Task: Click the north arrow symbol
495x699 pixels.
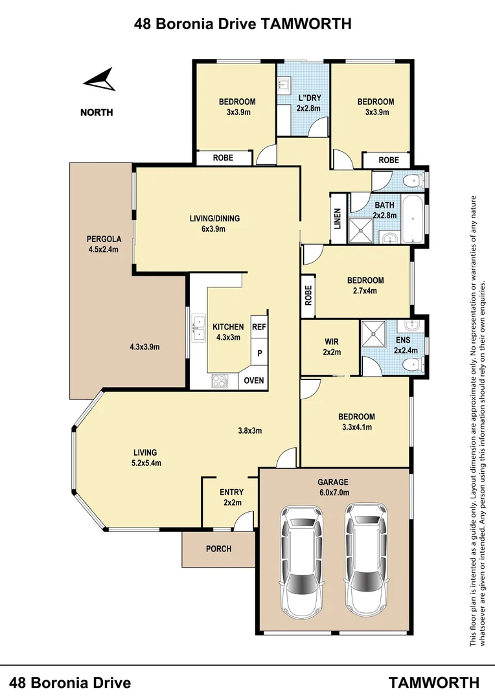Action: click(100, 82)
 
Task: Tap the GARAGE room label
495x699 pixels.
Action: click(333, 482)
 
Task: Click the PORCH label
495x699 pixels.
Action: click(218, 549)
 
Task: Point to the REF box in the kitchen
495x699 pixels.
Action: click(259, 327)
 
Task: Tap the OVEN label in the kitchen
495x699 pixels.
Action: click(254, 380)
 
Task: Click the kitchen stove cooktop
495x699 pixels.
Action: click(220, 382)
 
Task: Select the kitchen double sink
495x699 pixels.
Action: click(198, 331)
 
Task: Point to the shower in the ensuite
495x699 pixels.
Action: click(374, 334)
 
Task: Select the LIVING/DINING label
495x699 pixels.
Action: click(214, 219)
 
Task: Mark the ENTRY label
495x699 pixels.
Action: click(231, 493)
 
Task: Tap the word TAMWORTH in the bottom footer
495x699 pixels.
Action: click(434, 682)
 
